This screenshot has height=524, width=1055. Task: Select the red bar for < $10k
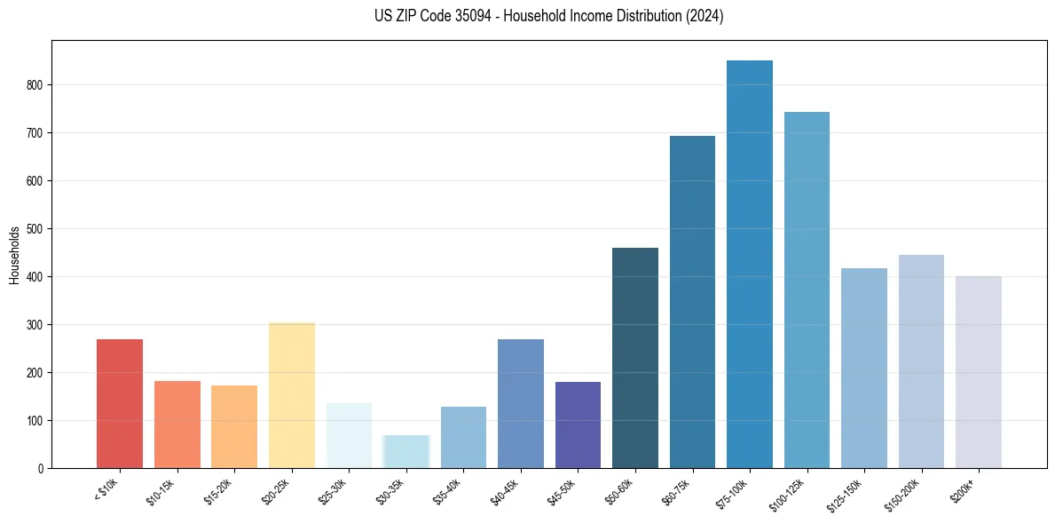pyautogui.click(x=120, y=403)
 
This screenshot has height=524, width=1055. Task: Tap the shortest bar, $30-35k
pyautogui.click(x=406, y=451)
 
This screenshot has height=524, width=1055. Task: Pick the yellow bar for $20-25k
pyautogui.click(x=292, y=395)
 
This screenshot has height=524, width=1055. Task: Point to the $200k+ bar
pyautogui.click(x=979, y=372)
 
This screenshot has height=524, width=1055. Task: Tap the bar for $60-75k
pyautogui.click(x=692, y=302)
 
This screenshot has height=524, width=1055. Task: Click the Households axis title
pyautogui.click(x=14, y=255)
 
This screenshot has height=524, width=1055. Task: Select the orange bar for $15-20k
pyautogui.click(x=234, y=426)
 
